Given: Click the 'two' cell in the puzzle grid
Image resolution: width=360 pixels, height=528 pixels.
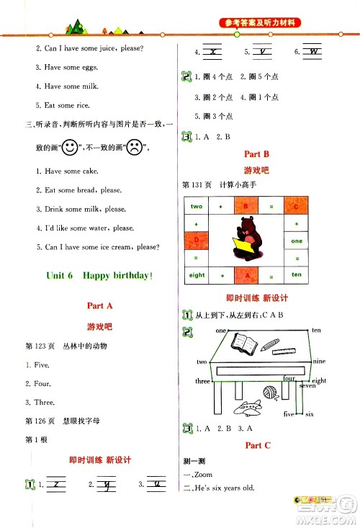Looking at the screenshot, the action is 197,207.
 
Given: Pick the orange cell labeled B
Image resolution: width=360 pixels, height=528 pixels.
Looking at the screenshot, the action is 246,207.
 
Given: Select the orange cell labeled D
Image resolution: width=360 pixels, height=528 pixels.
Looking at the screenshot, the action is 197,241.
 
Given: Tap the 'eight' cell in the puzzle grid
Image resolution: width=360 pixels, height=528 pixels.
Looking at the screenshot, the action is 197,275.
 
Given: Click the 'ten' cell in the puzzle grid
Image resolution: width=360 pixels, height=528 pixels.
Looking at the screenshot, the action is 297,275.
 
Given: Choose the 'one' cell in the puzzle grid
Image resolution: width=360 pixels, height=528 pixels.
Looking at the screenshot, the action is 297,241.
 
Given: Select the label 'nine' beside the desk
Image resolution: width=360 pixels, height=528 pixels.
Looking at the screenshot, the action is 320,362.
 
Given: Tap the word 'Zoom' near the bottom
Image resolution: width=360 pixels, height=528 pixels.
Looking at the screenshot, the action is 204,475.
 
